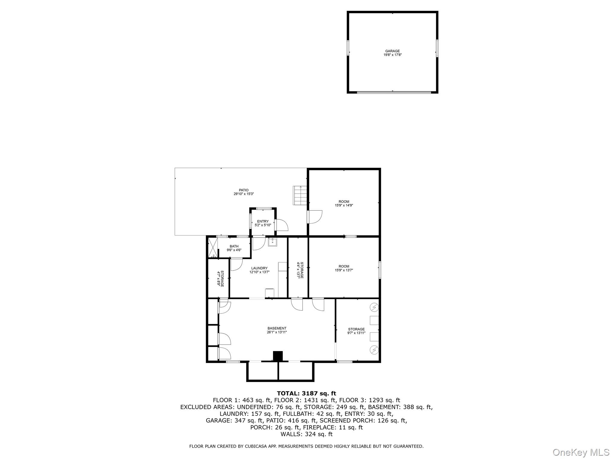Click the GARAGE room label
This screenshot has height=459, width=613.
[x=392, y=51]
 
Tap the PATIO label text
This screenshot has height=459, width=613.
[x=244, y=190]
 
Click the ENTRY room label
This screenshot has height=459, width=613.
[x=263, y=221]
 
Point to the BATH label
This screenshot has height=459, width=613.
[x=234, y=246]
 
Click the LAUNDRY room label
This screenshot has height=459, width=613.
[x=259, y=268]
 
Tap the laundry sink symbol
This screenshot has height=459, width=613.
[x=273, y=242]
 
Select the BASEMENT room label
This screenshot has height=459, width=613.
[x=277, y=328]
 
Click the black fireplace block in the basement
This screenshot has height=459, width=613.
[x=278, y=356]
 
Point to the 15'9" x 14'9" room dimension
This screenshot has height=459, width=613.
[x=344, y=206]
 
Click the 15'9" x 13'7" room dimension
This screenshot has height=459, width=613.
[x=344, y=270]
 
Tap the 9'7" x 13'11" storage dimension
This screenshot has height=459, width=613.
[x=356, y=333]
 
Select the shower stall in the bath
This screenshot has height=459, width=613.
[x=213, y=247]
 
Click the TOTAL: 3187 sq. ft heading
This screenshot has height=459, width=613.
[x=306, y=393]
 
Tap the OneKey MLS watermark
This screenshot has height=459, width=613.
[x=581, y=452]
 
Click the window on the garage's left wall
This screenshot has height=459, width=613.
[x=348, y=48]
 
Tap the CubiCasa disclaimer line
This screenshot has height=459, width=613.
[x=306, y=446]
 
